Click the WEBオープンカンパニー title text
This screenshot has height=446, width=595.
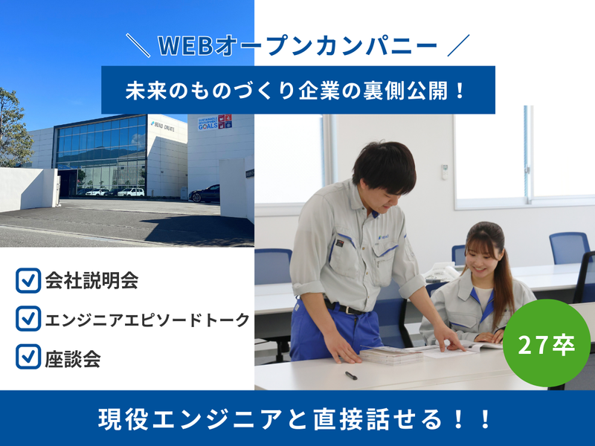coord(297,47)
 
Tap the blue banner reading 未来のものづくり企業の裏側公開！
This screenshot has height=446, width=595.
coord(297,90)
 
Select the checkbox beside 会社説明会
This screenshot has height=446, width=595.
coord(28,282)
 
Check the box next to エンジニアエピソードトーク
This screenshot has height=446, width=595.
coord(28,319)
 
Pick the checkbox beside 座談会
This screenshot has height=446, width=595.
coord(28,358)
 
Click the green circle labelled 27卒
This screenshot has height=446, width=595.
coord(547,343)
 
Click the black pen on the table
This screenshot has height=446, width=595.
coord(350,375)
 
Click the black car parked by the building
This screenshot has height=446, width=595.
coord(205,194)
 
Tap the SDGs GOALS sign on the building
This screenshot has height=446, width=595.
coord(214,123)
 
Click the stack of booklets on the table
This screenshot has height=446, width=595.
coord(391,355)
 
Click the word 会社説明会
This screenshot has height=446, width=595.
coord(91,282)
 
